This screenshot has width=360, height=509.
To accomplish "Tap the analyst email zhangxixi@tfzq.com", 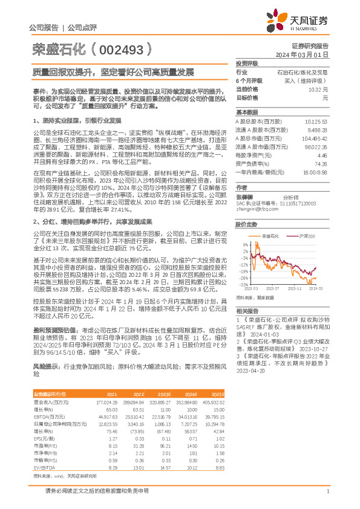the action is pyautogui.click(x=253, y=209).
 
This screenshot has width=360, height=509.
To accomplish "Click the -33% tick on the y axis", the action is pyautogui.click(x=243, y=284).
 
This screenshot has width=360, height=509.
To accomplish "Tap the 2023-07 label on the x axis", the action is pyautogui.click(x=273, y=288).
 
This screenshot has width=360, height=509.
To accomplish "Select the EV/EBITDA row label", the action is pyautogui.click(x=45, y=452).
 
